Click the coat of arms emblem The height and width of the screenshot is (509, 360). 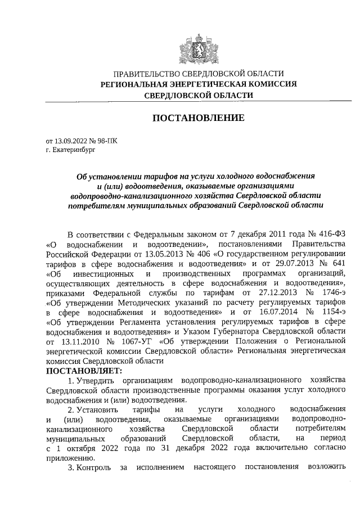tap(199, 46)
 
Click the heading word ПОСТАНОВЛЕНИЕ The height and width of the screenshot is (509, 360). tap(199, 118)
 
